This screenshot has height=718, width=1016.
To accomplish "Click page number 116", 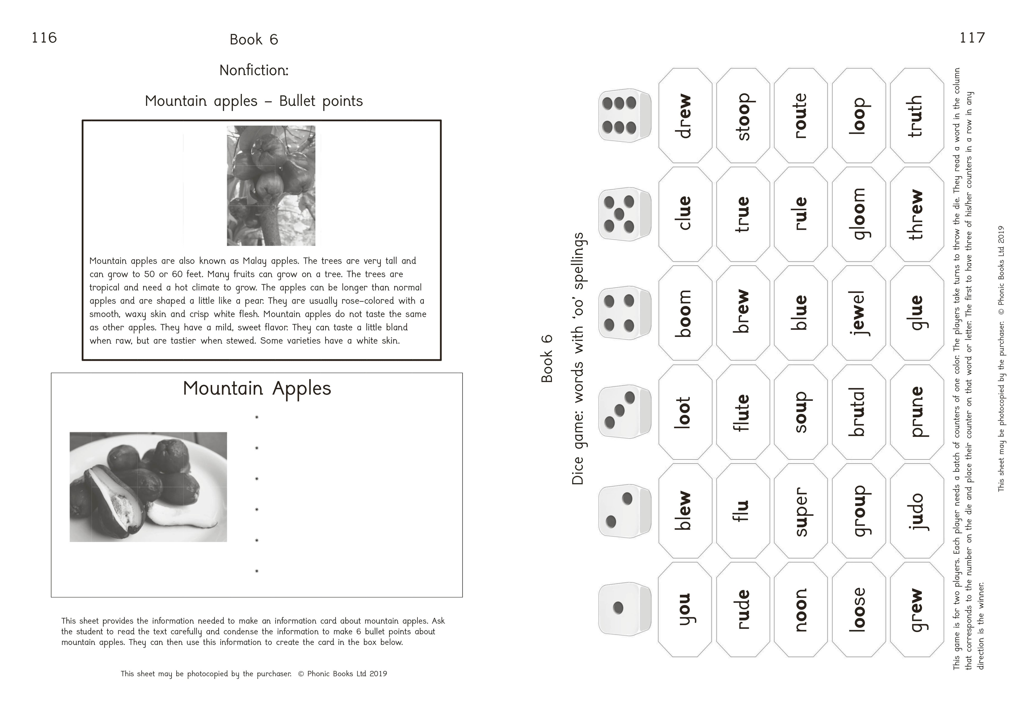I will tap(44, 38).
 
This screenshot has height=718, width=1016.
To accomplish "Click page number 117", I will tap(972, 38).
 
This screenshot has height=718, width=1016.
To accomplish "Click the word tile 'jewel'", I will tap(859, 313).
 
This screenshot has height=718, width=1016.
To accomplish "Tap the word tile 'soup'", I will tap(801, 412).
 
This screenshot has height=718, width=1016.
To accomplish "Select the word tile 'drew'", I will tap(685, 116).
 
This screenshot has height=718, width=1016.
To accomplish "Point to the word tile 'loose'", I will tap(859, 610).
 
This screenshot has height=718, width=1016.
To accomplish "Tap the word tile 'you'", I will tap(685, 610).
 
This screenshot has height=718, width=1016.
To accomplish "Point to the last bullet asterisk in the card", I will tap(257, 571).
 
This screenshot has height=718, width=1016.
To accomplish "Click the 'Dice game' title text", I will tap(578, 358).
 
